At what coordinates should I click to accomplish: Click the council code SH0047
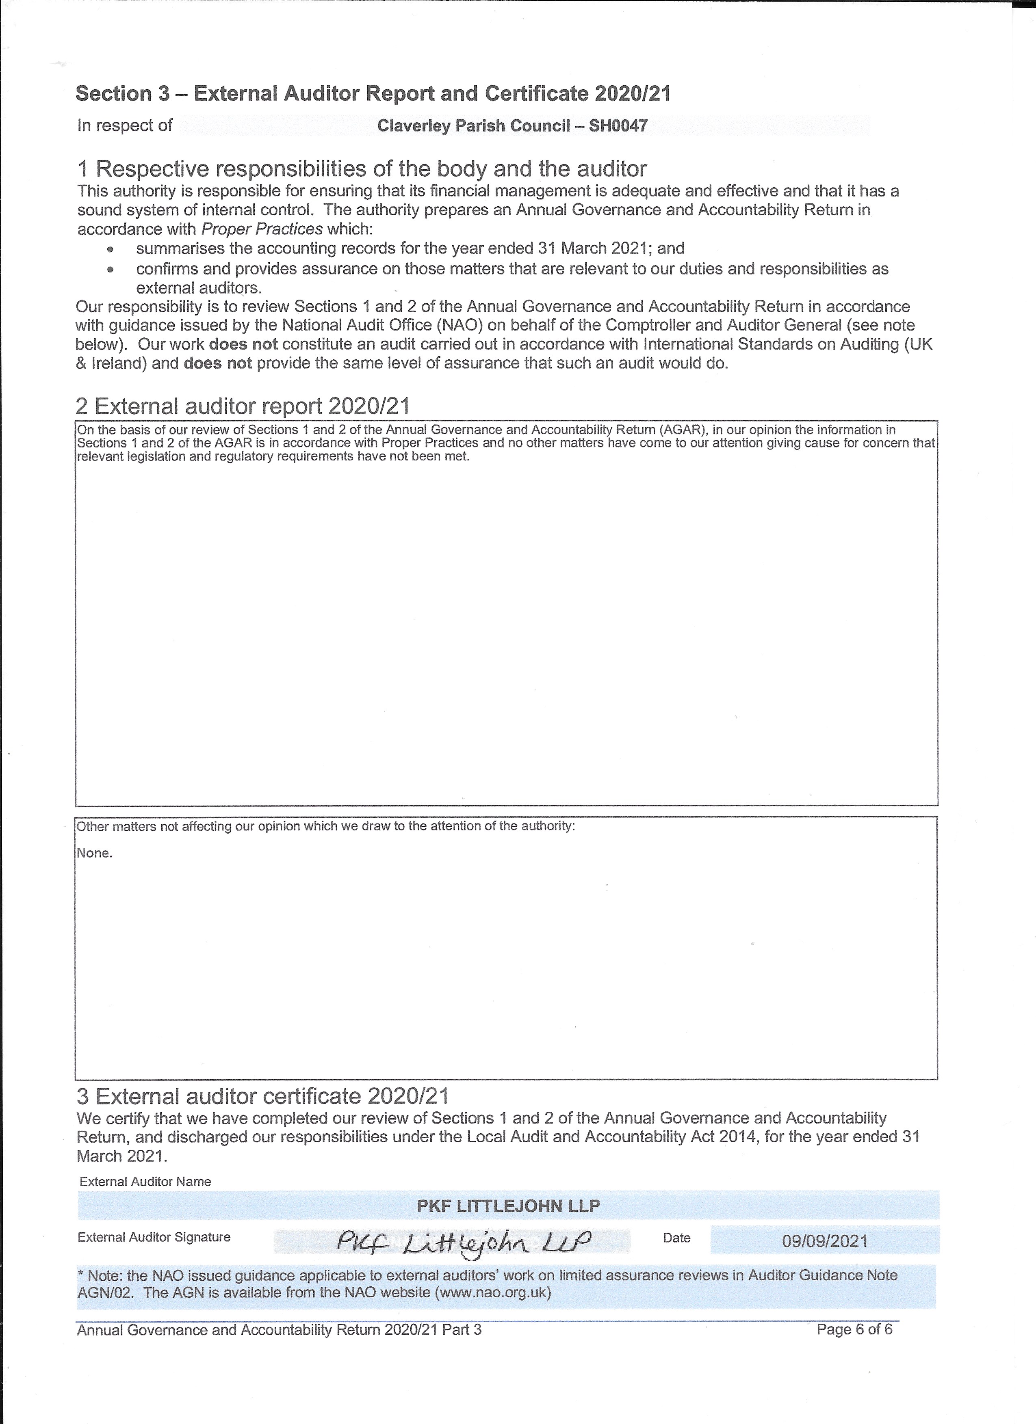618,126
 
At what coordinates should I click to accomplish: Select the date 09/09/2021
824,1240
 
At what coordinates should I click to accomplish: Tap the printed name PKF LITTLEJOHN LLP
508,1206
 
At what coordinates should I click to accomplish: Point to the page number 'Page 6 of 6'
854,1329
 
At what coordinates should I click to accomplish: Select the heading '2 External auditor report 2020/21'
243,406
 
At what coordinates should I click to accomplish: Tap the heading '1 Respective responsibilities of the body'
362,169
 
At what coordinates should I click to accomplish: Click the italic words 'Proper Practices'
262,229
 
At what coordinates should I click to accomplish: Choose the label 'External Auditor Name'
145,1182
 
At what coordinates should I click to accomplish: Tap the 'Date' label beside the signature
676,1238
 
